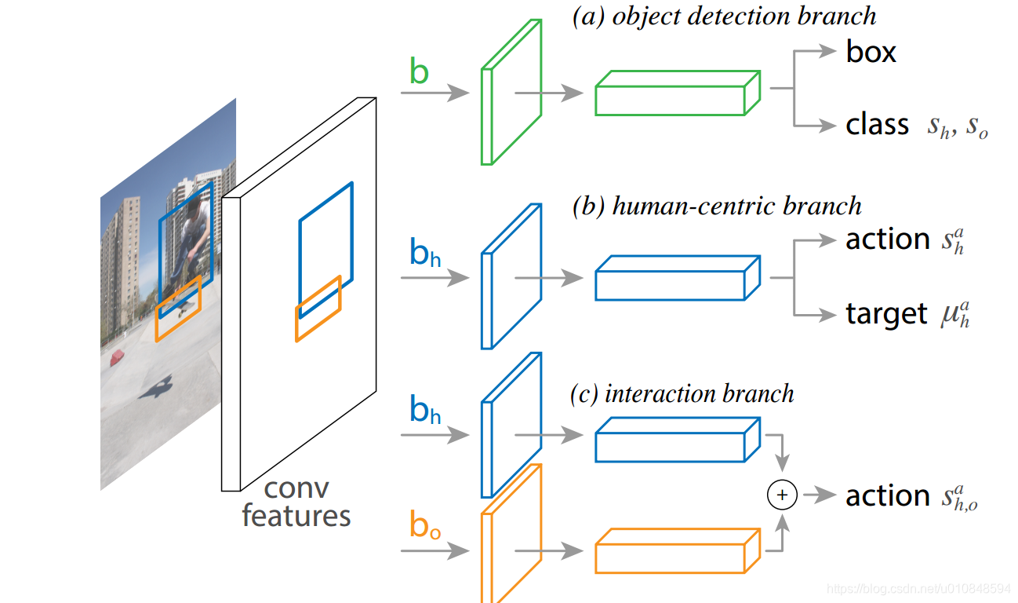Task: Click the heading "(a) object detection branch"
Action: (x=725, y=16)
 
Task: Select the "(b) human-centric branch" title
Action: (x=717, y=206)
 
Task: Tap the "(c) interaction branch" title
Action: (x=682, y=393)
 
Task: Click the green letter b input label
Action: (x=420, y=72)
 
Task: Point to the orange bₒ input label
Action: (x=424, y=525)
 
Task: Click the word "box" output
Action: (x=871, y=53)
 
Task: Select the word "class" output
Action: (x=877, y=125)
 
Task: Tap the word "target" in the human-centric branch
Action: (x=886, y=314)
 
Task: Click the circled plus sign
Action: (x=781, y=495)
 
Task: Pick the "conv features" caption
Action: (x=296, y=502)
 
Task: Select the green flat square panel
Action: (x=511, y=93)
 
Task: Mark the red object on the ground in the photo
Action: (x=118, y=357)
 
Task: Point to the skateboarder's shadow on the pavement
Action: (x=156, y=386)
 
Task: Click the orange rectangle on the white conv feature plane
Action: (x=318, y=309)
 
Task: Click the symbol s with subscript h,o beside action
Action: (x=958, y=497)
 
